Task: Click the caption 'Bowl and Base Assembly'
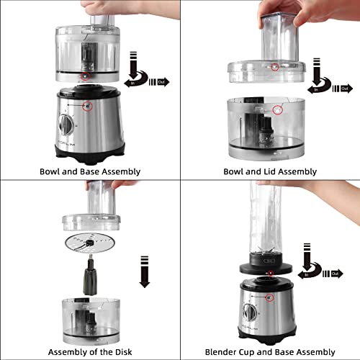tap(90, 171)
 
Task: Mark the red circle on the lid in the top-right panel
tap(275, 67)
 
